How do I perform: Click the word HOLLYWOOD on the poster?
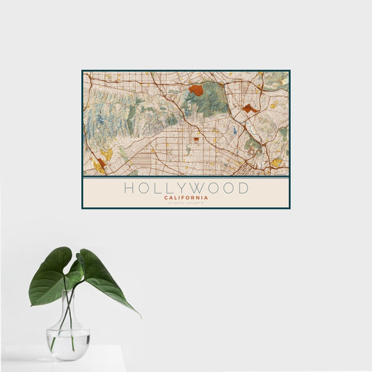(186, 188)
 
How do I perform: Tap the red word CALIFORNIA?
(186, 198)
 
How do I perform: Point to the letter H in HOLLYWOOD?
(128, 188)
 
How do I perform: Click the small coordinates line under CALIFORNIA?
(186, 203)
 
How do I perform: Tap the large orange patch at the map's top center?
(196, 91)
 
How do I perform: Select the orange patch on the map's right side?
(249, 108)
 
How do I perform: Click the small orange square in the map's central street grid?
(196, 139)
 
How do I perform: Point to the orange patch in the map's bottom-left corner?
(101, 162)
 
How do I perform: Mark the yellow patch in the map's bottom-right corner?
(277, 163)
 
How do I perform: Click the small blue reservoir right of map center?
(235, 131)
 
